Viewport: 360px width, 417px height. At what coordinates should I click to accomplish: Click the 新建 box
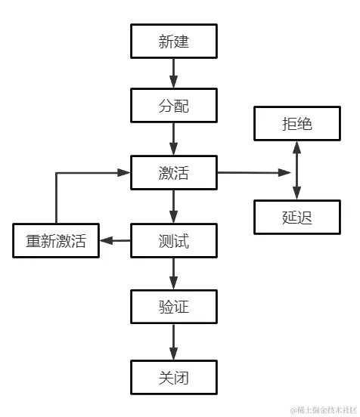tap(174, 42)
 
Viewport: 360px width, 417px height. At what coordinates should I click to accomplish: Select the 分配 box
tap(174, 106)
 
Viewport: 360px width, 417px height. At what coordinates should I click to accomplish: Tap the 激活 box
tap(174, 173)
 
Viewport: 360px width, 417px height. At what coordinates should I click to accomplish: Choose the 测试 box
tap(174, 241)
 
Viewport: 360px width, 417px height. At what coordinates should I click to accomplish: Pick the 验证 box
tap(174, 307)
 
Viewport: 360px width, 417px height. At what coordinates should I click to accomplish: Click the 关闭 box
tap(174, 376)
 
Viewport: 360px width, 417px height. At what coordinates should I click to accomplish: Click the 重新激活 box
tap(56, 241)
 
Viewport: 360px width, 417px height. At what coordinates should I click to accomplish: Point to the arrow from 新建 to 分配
tap(174, 73)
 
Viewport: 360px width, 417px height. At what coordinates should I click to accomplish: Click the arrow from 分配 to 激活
tap(174, 139)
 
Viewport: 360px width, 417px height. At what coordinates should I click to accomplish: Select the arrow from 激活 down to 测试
tap(174, 206)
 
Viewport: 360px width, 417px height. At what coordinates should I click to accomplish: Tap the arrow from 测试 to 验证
tap(174, 274)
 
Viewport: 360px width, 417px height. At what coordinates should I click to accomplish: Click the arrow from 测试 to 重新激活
tap(115, 241)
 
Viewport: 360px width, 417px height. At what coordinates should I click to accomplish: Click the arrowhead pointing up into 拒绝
tap(296, 147)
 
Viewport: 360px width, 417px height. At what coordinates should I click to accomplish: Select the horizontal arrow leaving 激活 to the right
tap(253, 173)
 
